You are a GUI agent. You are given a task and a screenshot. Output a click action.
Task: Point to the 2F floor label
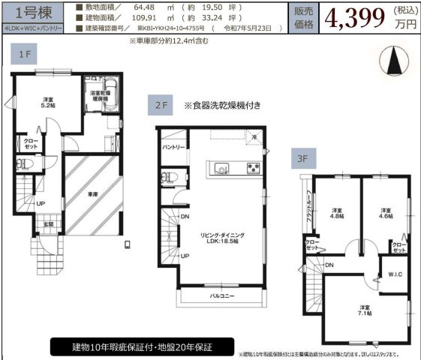pos(163,107)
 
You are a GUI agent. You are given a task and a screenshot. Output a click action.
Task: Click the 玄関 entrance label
pos(47,223)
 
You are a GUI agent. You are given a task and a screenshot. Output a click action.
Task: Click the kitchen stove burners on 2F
pos(253,166)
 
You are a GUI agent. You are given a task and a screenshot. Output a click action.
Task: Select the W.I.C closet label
pos(395,274)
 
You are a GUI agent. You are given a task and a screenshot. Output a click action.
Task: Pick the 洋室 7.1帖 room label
pos(364,310)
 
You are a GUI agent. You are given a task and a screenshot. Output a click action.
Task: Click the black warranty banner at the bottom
pos(142,348)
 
